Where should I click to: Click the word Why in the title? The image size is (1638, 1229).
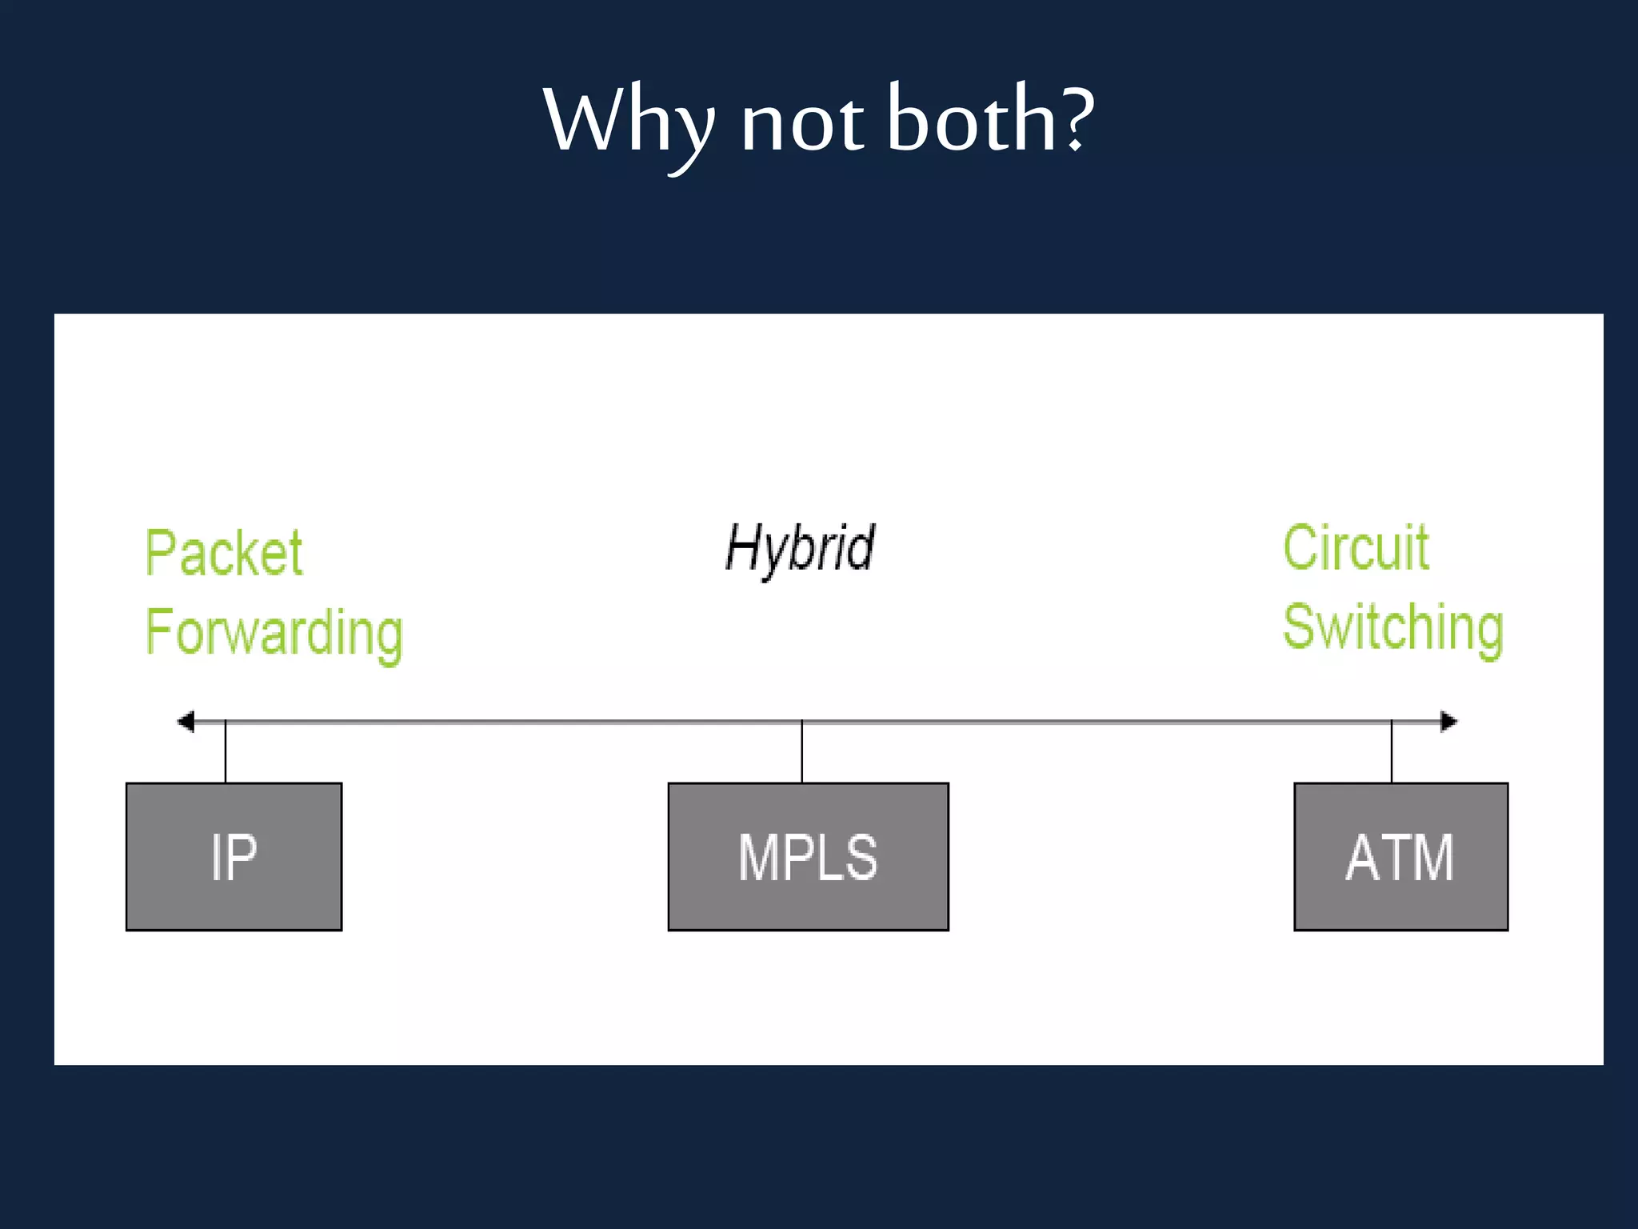628,122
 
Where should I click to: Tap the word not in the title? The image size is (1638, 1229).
801,124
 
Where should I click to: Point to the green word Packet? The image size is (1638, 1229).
224,553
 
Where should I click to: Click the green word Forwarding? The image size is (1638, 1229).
274,633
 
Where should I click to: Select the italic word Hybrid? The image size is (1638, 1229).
800,549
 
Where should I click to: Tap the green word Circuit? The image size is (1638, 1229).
1356,548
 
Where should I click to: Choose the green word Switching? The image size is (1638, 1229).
1393,629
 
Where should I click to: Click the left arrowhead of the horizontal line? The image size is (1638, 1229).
186,722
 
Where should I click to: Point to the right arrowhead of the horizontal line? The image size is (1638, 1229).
1448,722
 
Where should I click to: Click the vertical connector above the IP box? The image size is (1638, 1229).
226,752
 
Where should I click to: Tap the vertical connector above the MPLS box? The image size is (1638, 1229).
802,752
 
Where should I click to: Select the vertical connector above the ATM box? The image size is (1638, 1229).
1392,752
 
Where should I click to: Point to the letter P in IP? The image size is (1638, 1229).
242,858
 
